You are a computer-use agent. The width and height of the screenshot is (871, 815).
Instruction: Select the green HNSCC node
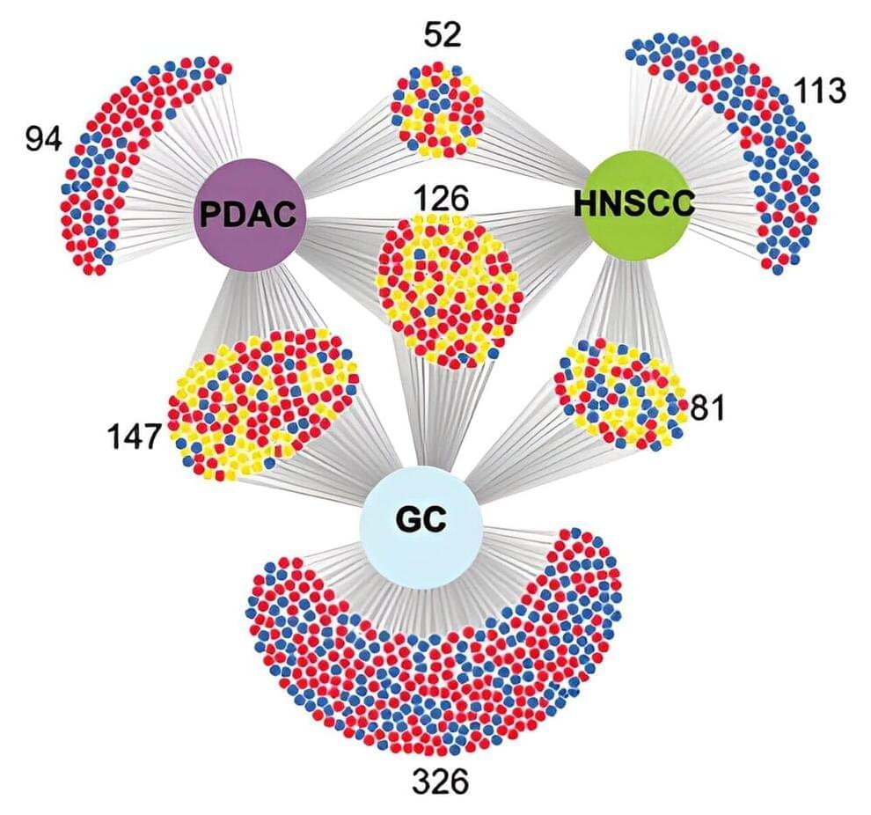[635, 204]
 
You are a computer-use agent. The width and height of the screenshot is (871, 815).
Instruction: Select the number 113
[819, 91]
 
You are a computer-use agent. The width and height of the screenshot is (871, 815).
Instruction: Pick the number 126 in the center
[442, 199]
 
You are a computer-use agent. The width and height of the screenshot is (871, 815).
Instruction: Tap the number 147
[134, 436]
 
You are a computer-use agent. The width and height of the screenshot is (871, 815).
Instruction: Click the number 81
[706, 409]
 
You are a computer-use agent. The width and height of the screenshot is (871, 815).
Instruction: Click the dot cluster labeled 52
[437, 109]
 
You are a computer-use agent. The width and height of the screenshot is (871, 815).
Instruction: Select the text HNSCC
[634, 204]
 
